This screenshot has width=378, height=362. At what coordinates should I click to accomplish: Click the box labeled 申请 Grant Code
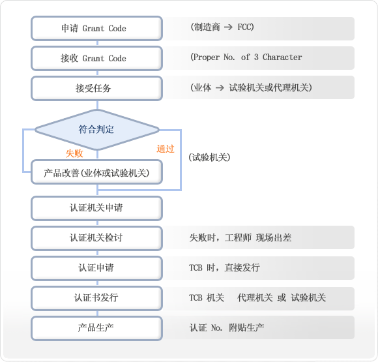[96, 28]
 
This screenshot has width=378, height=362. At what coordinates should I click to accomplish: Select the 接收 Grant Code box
[96, 59]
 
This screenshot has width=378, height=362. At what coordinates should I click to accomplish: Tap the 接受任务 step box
[96, 88]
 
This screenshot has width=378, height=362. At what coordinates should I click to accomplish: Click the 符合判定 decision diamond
[97, 130]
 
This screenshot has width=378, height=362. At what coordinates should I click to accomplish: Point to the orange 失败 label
[74, 153]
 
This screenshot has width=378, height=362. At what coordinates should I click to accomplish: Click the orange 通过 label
[166, 149]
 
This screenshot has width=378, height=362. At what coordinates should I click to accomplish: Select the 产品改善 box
[96, 172]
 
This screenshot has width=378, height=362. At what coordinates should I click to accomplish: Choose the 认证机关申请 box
[96, 208]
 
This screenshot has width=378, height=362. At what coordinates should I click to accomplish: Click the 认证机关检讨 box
[96, 238]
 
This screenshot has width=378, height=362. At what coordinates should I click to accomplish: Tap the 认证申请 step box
[96, 268]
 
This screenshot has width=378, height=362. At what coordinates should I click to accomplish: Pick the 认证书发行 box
[96, 298]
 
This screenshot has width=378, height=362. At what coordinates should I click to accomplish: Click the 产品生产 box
[96, 328]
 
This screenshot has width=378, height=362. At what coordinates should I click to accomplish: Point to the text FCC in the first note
[244, 27]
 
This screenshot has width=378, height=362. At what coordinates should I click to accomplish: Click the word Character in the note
[282, 57]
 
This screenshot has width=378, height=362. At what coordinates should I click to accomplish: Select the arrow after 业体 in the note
[220, 87]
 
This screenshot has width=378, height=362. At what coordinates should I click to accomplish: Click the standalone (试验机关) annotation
[209, 157]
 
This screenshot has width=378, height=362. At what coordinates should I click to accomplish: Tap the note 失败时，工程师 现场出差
[240, 238]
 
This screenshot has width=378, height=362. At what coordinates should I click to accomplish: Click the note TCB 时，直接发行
[224, 267]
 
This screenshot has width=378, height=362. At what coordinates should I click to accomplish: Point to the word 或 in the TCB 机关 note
[282, 298]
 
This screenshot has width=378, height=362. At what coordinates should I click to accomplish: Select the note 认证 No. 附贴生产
[227, 327]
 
